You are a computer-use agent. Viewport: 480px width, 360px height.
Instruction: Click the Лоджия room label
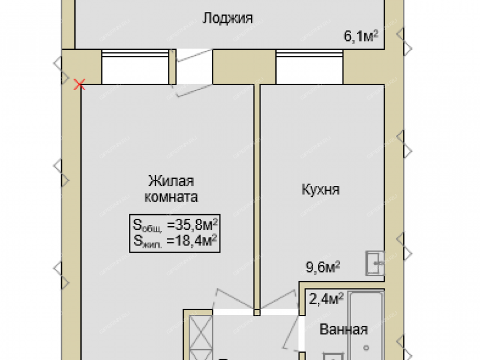click(228, 18)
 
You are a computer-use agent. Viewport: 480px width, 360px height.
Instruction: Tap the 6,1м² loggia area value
click(361, 36)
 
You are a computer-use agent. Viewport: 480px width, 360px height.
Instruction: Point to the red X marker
click(80, 84)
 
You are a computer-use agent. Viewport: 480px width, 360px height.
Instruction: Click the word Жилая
click(171, 181)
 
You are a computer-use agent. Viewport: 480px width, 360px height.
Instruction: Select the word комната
click(171, 197)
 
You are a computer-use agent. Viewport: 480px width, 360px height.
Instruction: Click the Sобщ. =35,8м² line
click(175, 225)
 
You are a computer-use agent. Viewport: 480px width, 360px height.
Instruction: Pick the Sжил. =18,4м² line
click(175, 241)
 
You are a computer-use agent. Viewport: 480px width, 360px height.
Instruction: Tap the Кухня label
click(320, 189)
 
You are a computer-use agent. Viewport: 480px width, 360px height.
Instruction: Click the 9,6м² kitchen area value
click(323, 267)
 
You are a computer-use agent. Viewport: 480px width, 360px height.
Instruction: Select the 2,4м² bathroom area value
click(326, 299)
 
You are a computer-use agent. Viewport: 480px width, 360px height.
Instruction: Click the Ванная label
click(343, 329)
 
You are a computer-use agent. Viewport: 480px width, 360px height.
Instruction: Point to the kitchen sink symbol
click(375, 263)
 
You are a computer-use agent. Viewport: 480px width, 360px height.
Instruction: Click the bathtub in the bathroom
click(366, 326)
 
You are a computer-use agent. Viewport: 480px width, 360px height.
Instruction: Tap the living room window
click(136, 67)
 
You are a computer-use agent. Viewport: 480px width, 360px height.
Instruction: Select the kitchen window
click(309, 67)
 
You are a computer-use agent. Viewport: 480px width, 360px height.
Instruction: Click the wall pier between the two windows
click(244, 67)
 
